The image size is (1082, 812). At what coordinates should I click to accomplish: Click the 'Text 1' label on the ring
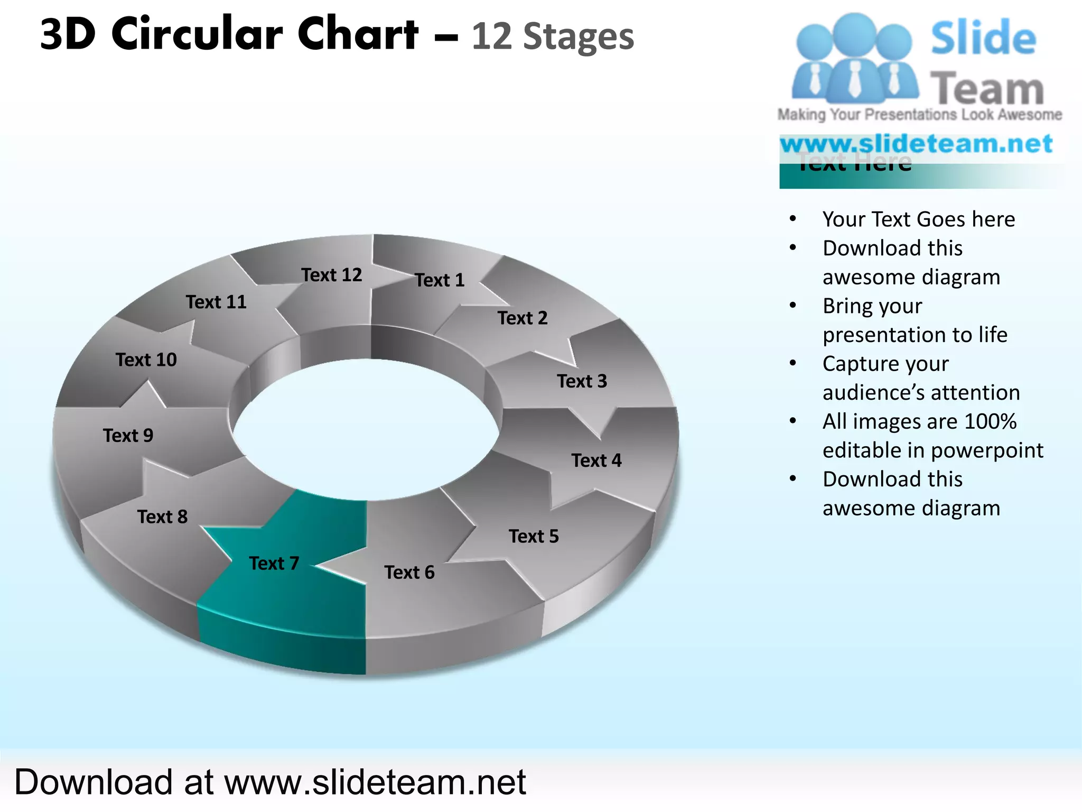(x=439, y=280)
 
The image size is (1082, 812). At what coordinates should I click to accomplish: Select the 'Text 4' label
(x=596, y=460)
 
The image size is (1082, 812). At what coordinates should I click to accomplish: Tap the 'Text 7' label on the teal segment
(x=274, y=564)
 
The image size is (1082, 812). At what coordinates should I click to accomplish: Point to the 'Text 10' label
(x=146, y=360)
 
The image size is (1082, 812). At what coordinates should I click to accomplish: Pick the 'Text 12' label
(x=331, y=275)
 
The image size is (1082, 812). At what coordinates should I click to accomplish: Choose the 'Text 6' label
(x=409, y=573)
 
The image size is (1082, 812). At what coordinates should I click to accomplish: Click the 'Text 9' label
(x=128, y=436)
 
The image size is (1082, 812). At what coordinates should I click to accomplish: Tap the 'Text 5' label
(x=533, y=537)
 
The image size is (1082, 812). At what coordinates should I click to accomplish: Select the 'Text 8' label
(x=162, y=517)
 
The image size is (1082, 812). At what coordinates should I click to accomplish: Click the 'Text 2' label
(x=522, y=318)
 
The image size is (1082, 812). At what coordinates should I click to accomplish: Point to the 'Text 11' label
(x=216, y=302)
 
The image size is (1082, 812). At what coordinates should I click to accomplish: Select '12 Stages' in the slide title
(x=552, y=37)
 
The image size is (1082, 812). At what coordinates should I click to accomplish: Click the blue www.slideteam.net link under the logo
(x=916, y=144)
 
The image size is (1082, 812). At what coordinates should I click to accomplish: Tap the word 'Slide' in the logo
(x=983, y=38)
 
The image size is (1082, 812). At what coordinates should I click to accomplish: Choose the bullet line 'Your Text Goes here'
(x=918, y=219)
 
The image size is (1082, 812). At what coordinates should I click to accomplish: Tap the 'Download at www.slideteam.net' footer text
(x=270, y=782)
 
